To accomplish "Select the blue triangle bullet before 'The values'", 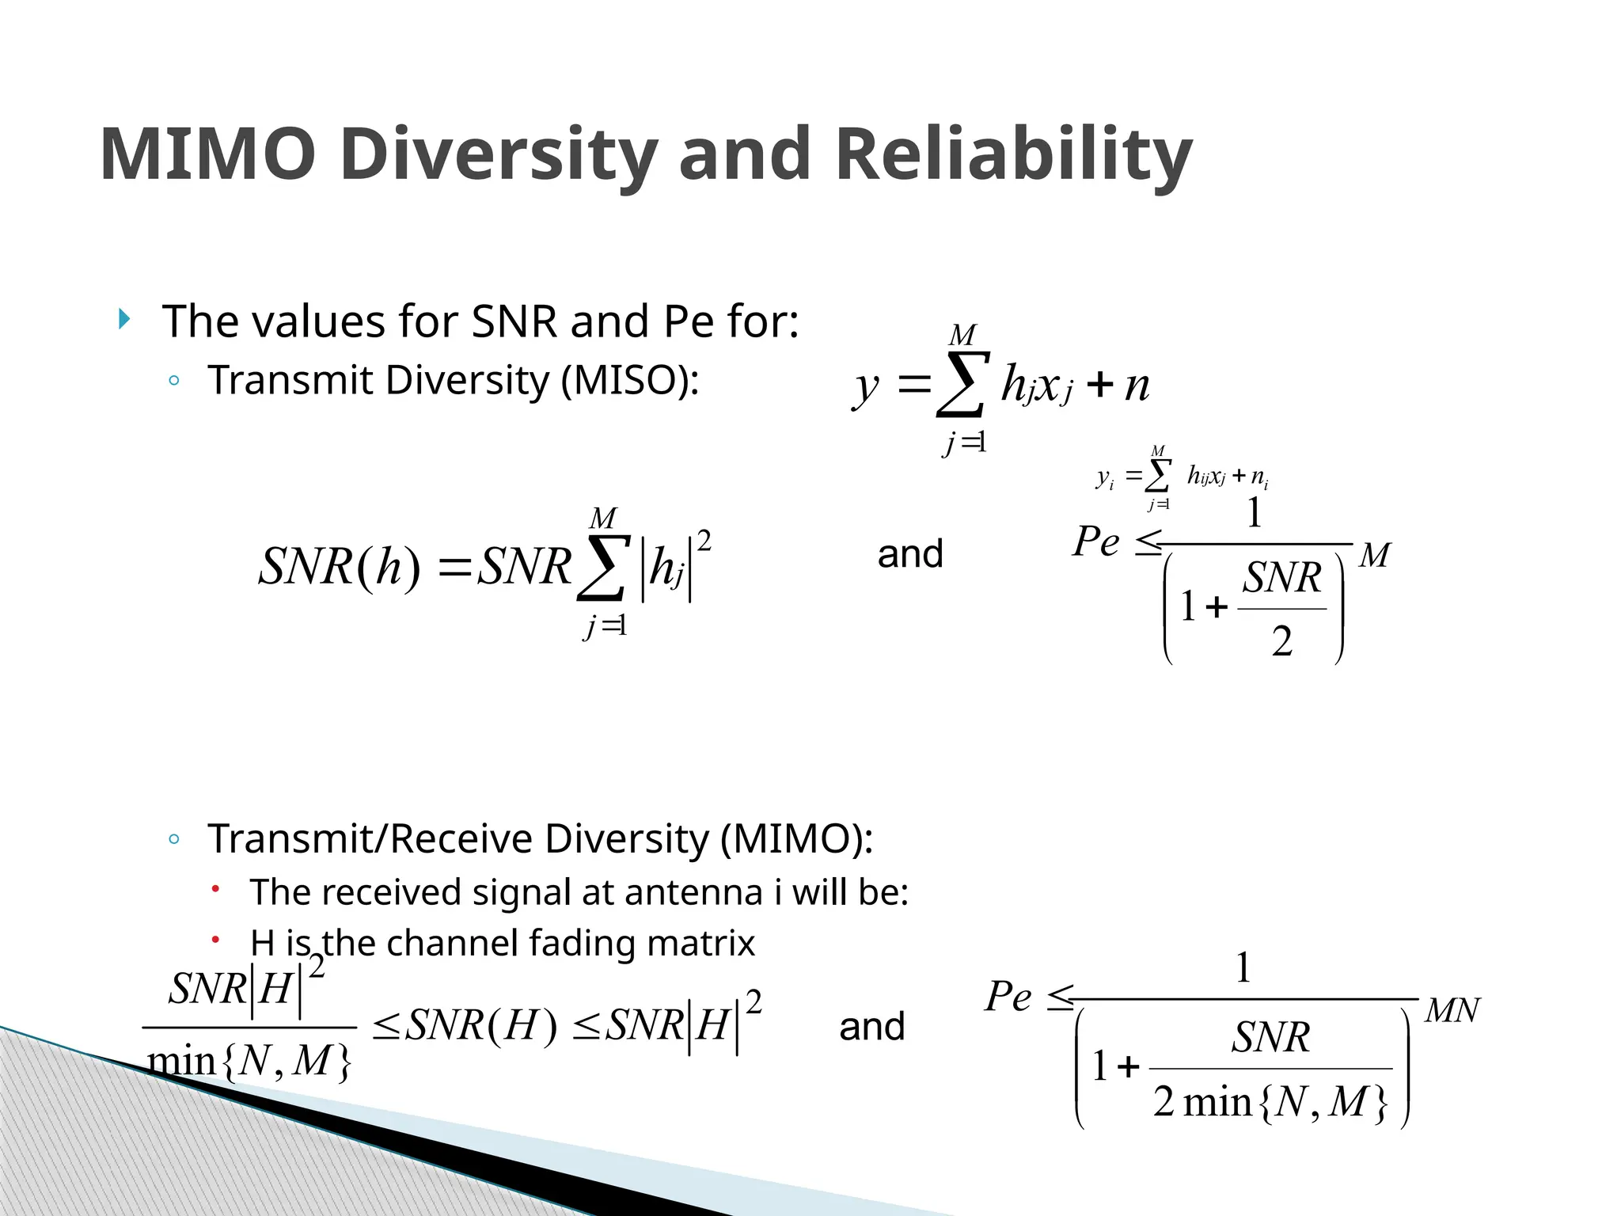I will click(123, 319).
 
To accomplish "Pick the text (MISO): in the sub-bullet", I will click(630, 381).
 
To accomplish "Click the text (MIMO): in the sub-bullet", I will click(796, 838).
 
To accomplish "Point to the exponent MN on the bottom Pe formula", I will click(1452, 1011).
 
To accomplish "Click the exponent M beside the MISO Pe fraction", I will click(1375, 556).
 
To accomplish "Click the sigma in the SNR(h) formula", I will click(603, 568).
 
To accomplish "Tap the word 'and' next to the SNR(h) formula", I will click(910, 554).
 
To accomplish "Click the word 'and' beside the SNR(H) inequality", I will click(871, 1027).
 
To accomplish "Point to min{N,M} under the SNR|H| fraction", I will click(249, 1061).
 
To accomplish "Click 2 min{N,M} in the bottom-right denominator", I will click(1270, 1101).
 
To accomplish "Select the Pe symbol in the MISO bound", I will click(1096, 542).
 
